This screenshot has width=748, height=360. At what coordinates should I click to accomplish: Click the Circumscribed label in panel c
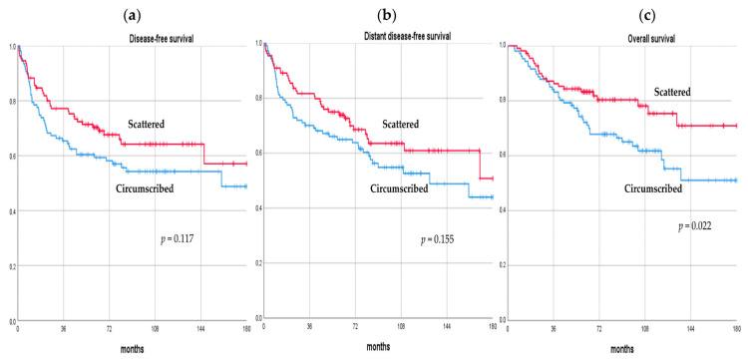pos(653,186)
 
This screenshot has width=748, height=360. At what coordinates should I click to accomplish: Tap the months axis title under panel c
pos(621,348)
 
